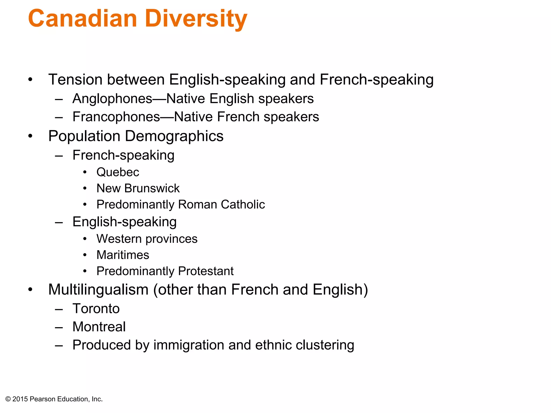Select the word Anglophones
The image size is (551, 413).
[x=112, y=99]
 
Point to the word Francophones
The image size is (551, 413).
[x=116, y=117]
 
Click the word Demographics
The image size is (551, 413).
[x=174, y=136]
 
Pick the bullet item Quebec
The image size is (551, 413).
[x=118, y=172]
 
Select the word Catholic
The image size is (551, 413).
[x=243, y=204]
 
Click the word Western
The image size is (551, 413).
[x=119, y=239]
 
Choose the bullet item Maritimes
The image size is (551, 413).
[x=123, y=255]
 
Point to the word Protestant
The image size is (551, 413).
[x=206, y=271]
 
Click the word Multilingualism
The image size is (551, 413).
[x=98, y=290]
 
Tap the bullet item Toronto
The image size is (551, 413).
[x=96, y=308]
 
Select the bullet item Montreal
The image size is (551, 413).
[x=99, y=327]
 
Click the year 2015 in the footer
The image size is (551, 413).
[x=20, y=399]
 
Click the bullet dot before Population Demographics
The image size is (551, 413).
[x=30, y=136]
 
